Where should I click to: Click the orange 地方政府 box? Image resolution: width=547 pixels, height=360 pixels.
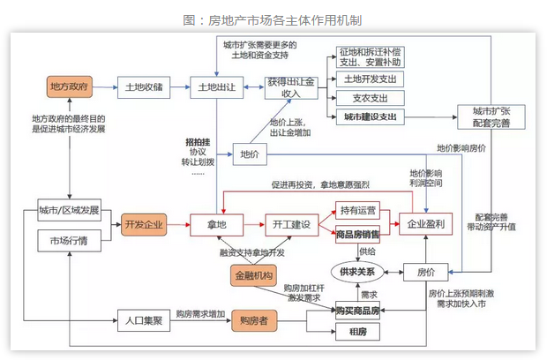(x=70, y=86)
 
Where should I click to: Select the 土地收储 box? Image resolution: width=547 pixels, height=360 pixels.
(x=143, y=86)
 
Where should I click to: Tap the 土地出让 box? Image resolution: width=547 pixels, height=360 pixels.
(x=217, y=86)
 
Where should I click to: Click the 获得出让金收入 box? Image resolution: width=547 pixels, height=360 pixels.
(x=289, y=86)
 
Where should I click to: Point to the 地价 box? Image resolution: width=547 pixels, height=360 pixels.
(x=248, y=155)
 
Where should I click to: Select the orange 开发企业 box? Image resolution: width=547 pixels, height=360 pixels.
(x=143, y=224)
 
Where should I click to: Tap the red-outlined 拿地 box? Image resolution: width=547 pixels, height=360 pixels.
(x=217, y=224)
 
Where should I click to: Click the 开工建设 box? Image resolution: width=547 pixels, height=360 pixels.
(x=289, y=224)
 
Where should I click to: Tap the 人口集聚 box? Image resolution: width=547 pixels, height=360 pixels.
(x=143, y=320)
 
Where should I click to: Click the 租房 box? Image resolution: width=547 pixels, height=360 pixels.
(x=357, y=332)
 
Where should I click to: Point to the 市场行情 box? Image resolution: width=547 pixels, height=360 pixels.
(x=70, y=239)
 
